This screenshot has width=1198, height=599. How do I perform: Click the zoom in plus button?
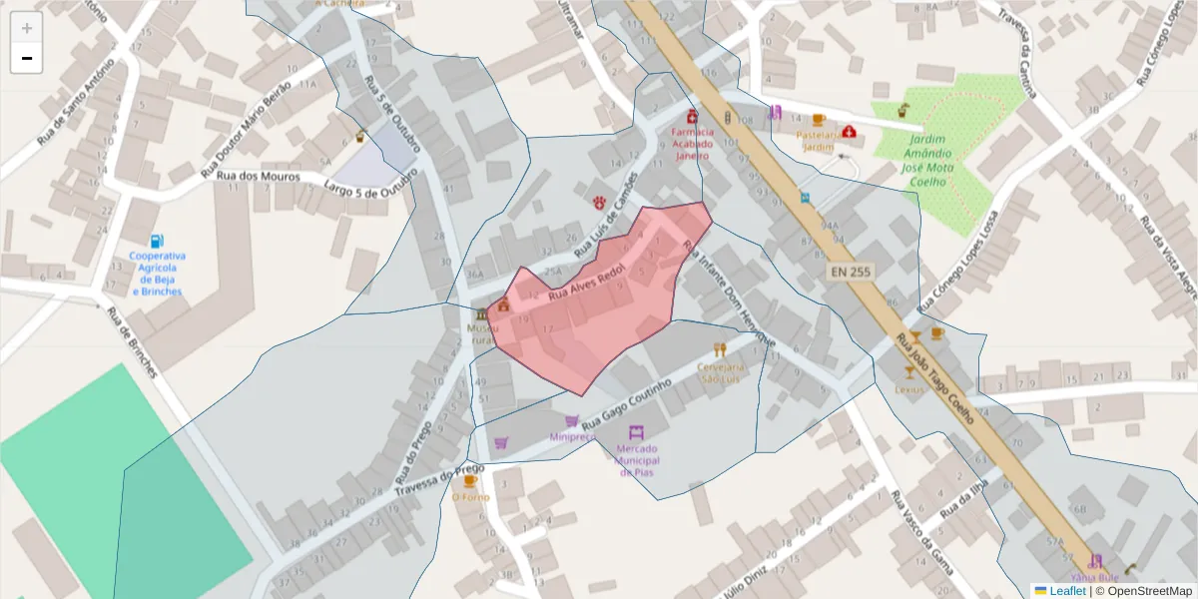click(x=27, y=28)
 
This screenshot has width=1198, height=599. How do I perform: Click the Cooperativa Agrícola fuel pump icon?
click(x=156, y=241)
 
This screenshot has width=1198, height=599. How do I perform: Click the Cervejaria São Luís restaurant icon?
click(x=720, y=349)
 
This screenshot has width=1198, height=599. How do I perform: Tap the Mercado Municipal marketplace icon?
click(x=636, y=433)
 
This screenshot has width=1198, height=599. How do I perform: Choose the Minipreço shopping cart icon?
click(x=572, y=421)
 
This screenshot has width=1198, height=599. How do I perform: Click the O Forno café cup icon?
click(x=470, y=480)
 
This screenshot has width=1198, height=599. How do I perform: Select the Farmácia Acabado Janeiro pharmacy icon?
click(x=693, y=116)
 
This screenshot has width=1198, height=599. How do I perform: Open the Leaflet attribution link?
click(x=1066, y=590)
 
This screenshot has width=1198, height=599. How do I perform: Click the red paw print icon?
click(x=599, y=202)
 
